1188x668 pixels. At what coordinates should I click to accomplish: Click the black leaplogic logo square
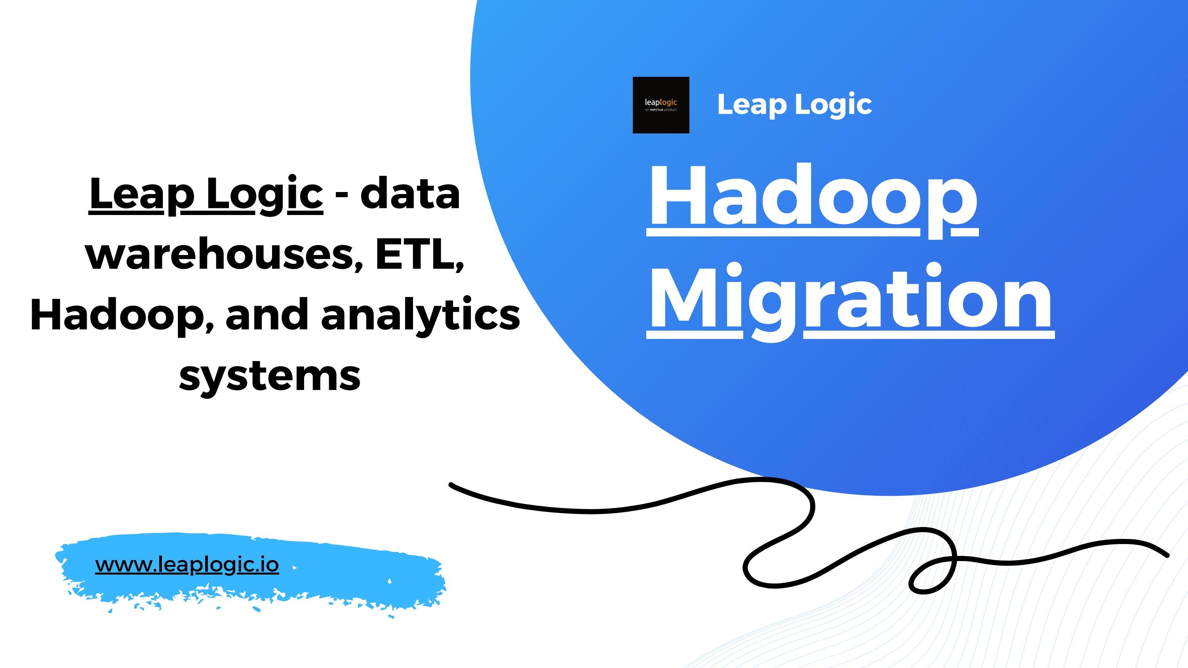coord(661,105)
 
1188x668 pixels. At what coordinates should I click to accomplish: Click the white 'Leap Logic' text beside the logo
coord(794,104)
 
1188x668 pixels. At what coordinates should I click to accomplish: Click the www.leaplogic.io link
coord(187,564)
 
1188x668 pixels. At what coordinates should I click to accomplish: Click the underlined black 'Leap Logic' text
coord(206,194)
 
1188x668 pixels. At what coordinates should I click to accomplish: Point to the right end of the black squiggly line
coord(1167,556)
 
